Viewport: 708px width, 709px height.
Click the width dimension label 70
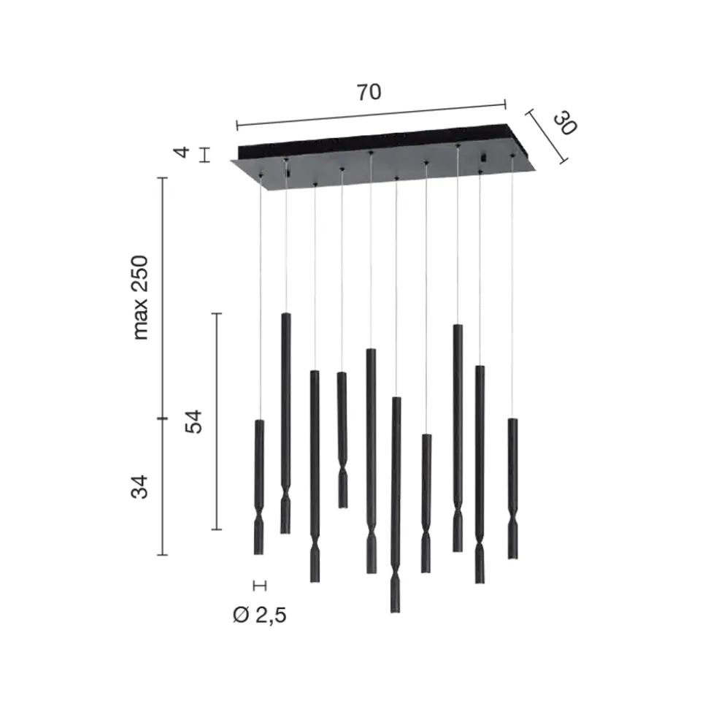coord(369,92)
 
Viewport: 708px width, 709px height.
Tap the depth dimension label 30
coord(565,123)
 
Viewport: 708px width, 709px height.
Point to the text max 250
coord(140,297)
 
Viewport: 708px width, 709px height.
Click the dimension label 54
coord(193,421)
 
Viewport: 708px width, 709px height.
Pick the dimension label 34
coord(139,487)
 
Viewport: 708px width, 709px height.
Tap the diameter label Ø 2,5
coord(260,616)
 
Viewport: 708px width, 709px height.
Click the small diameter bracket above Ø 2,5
coord(260,586)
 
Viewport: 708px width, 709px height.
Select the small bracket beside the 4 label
coord(205,155)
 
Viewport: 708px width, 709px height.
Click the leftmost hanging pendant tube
coord(258,487)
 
